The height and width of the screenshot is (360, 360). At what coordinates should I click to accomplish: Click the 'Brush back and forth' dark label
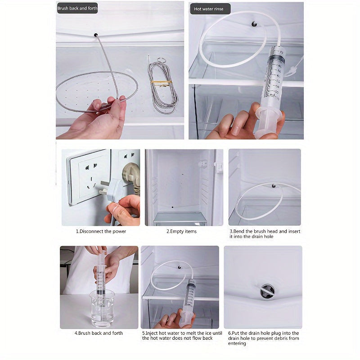click(x=77, y=8)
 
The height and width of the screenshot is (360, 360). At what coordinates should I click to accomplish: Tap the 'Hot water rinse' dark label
click(x=210, y=9)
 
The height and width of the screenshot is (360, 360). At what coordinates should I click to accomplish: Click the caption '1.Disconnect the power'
click(x=101, y=231)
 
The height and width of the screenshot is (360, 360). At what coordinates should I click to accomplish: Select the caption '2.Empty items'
click(x=182, y=231)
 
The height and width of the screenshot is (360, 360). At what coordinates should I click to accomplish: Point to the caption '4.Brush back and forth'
click(x=99, y=333)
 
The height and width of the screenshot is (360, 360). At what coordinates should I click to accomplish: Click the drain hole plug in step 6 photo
click(x=267, y=292)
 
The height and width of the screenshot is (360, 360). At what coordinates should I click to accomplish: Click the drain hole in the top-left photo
click(x=96, y=35)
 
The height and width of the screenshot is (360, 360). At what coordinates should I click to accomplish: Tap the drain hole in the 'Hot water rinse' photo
click(x=254, y=24)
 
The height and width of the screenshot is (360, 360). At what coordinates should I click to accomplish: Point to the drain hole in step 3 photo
click(x=274, y=186)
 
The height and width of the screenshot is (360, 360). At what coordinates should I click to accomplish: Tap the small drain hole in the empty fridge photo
click(x=172, y=207)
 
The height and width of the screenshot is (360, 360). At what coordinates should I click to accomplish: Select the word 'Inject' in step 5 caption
click(x=152, y=333)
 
